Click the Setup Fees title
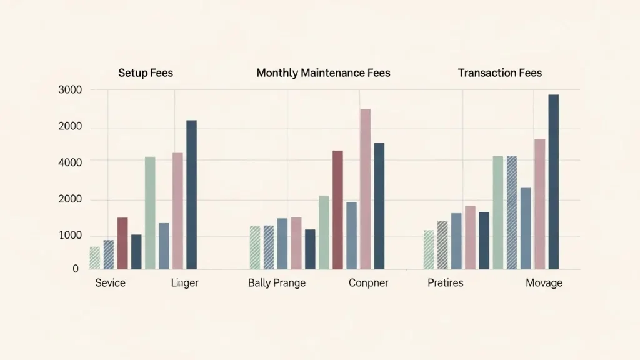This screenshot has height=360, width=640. coord(146,73)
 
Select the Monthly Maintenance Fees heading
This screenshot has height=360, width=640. coord(323,73)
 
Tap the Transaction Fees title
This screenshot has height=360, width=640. coord(499,73)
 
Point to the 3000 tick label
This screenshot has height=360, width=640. coord(70,90)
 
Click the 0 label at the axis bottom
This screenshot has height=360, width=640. coord(76,269)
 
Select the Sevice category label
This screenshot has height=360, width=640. coord(110,283)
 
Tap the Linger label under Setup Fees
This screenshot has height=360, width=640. coord(184,283)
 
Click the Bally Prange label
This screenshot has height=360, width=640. coord(277,283)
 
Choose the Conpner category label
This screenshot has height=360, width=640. coord(368,283)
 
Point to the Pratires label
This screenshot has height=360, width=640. coord(446,283)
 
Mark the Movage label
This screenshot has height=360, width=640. coord(544,283)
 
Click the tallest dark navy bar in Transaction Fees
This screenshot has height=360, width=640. coord(553,181)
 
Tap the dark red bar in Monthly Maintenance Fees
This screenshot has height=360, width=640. coord(337,209)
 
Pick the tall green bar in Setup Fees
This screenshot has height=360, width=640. coord(150,212)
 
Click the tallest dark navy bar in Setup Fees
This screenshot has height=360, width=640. coord(191,194)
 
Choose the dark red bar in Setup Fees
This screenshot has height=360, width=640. coord(122,243)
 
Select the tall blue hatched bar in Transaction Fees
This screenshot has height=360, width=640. coord(512,212)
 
